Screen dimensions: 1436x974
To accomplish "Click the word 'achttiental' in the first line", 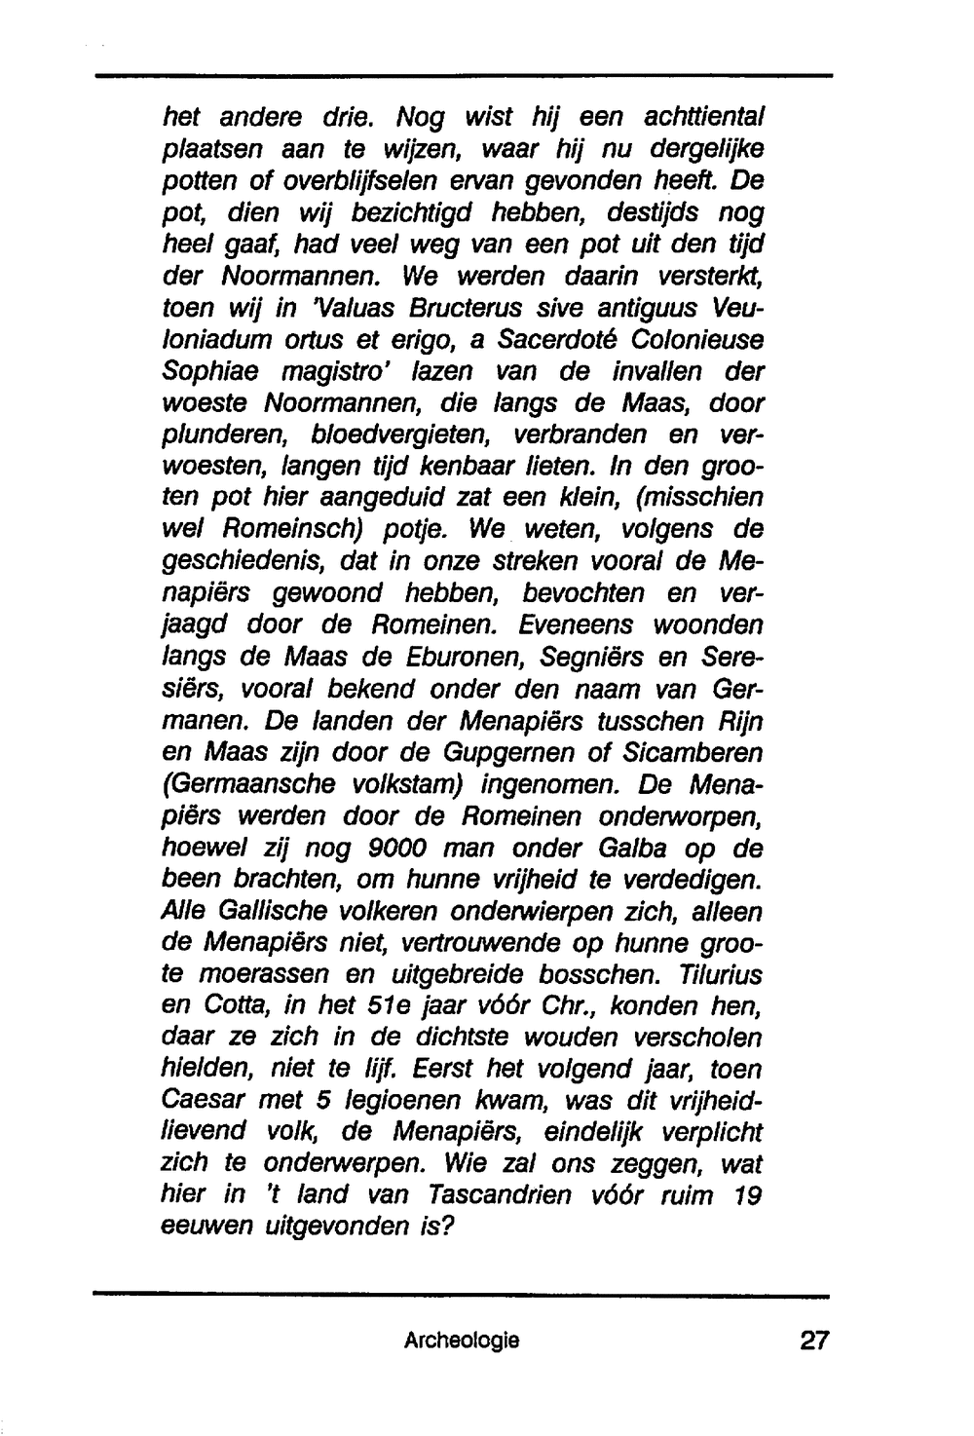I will click(x=703, y=118).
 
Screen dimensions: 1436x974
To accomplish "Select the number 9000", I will click(x=396, y=849).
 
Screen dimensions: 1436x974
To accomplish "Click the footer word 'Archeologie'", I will click(x=462, y=1342).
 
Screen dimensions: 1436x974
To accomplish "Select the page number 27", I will click(x=813, y=1342).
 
